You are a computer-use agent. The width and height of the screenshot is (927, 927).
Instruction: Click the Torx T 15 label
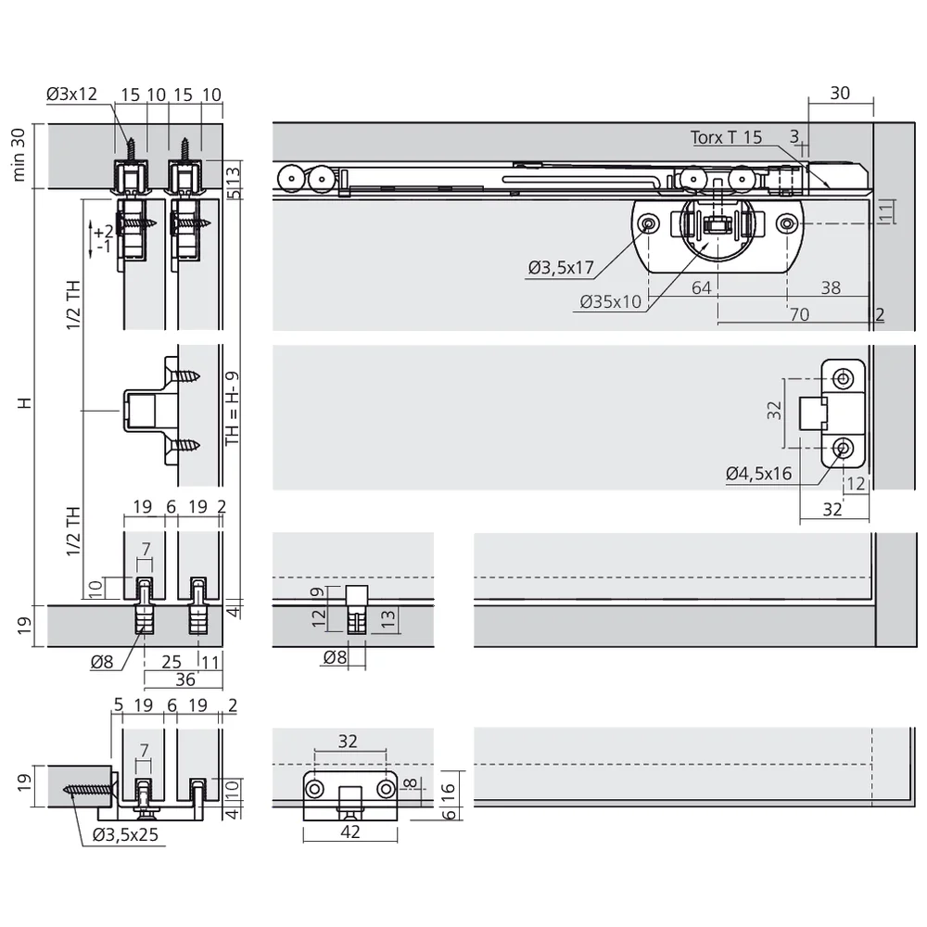click(726, 137)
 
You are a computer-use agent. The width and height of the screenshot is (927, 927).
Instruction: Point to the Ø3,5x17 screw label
click(560, 269)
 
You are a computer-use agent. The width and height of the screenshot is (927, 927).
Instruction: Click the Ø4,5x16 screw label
click(758, 474)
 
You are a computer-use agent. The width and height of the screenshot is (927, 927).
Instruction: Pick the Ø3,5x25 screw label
click(126, 833)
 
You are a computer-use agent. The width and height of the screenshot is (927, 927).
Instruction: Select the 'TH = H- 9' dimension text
click(233, 409)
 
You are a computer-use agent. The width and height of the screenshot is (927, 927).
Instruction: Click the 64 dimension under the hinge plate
click(701, 288)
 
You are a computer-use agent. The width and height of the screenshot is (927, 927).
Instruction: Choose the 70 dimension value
click(798, 315)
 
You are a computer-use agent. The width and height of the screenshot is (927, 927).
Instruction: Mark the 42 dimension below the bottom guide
click(349, 832)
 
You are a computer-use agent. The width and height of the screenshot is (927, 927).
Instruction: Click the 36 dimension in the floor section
click(184, 679)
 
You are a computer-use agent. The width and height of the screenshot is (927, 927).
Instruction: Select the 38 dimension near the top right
click(830, 288)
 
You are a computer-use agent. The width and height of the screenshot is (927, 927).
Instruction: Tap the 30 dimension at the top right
click(839, 94)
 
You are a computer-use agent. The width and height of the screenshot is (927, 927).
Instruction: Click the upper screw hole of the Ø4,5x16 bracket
click(843, 378)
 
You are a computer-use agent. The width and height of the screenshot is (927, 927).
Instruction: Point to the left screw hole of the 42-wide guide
click(315, 789)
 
